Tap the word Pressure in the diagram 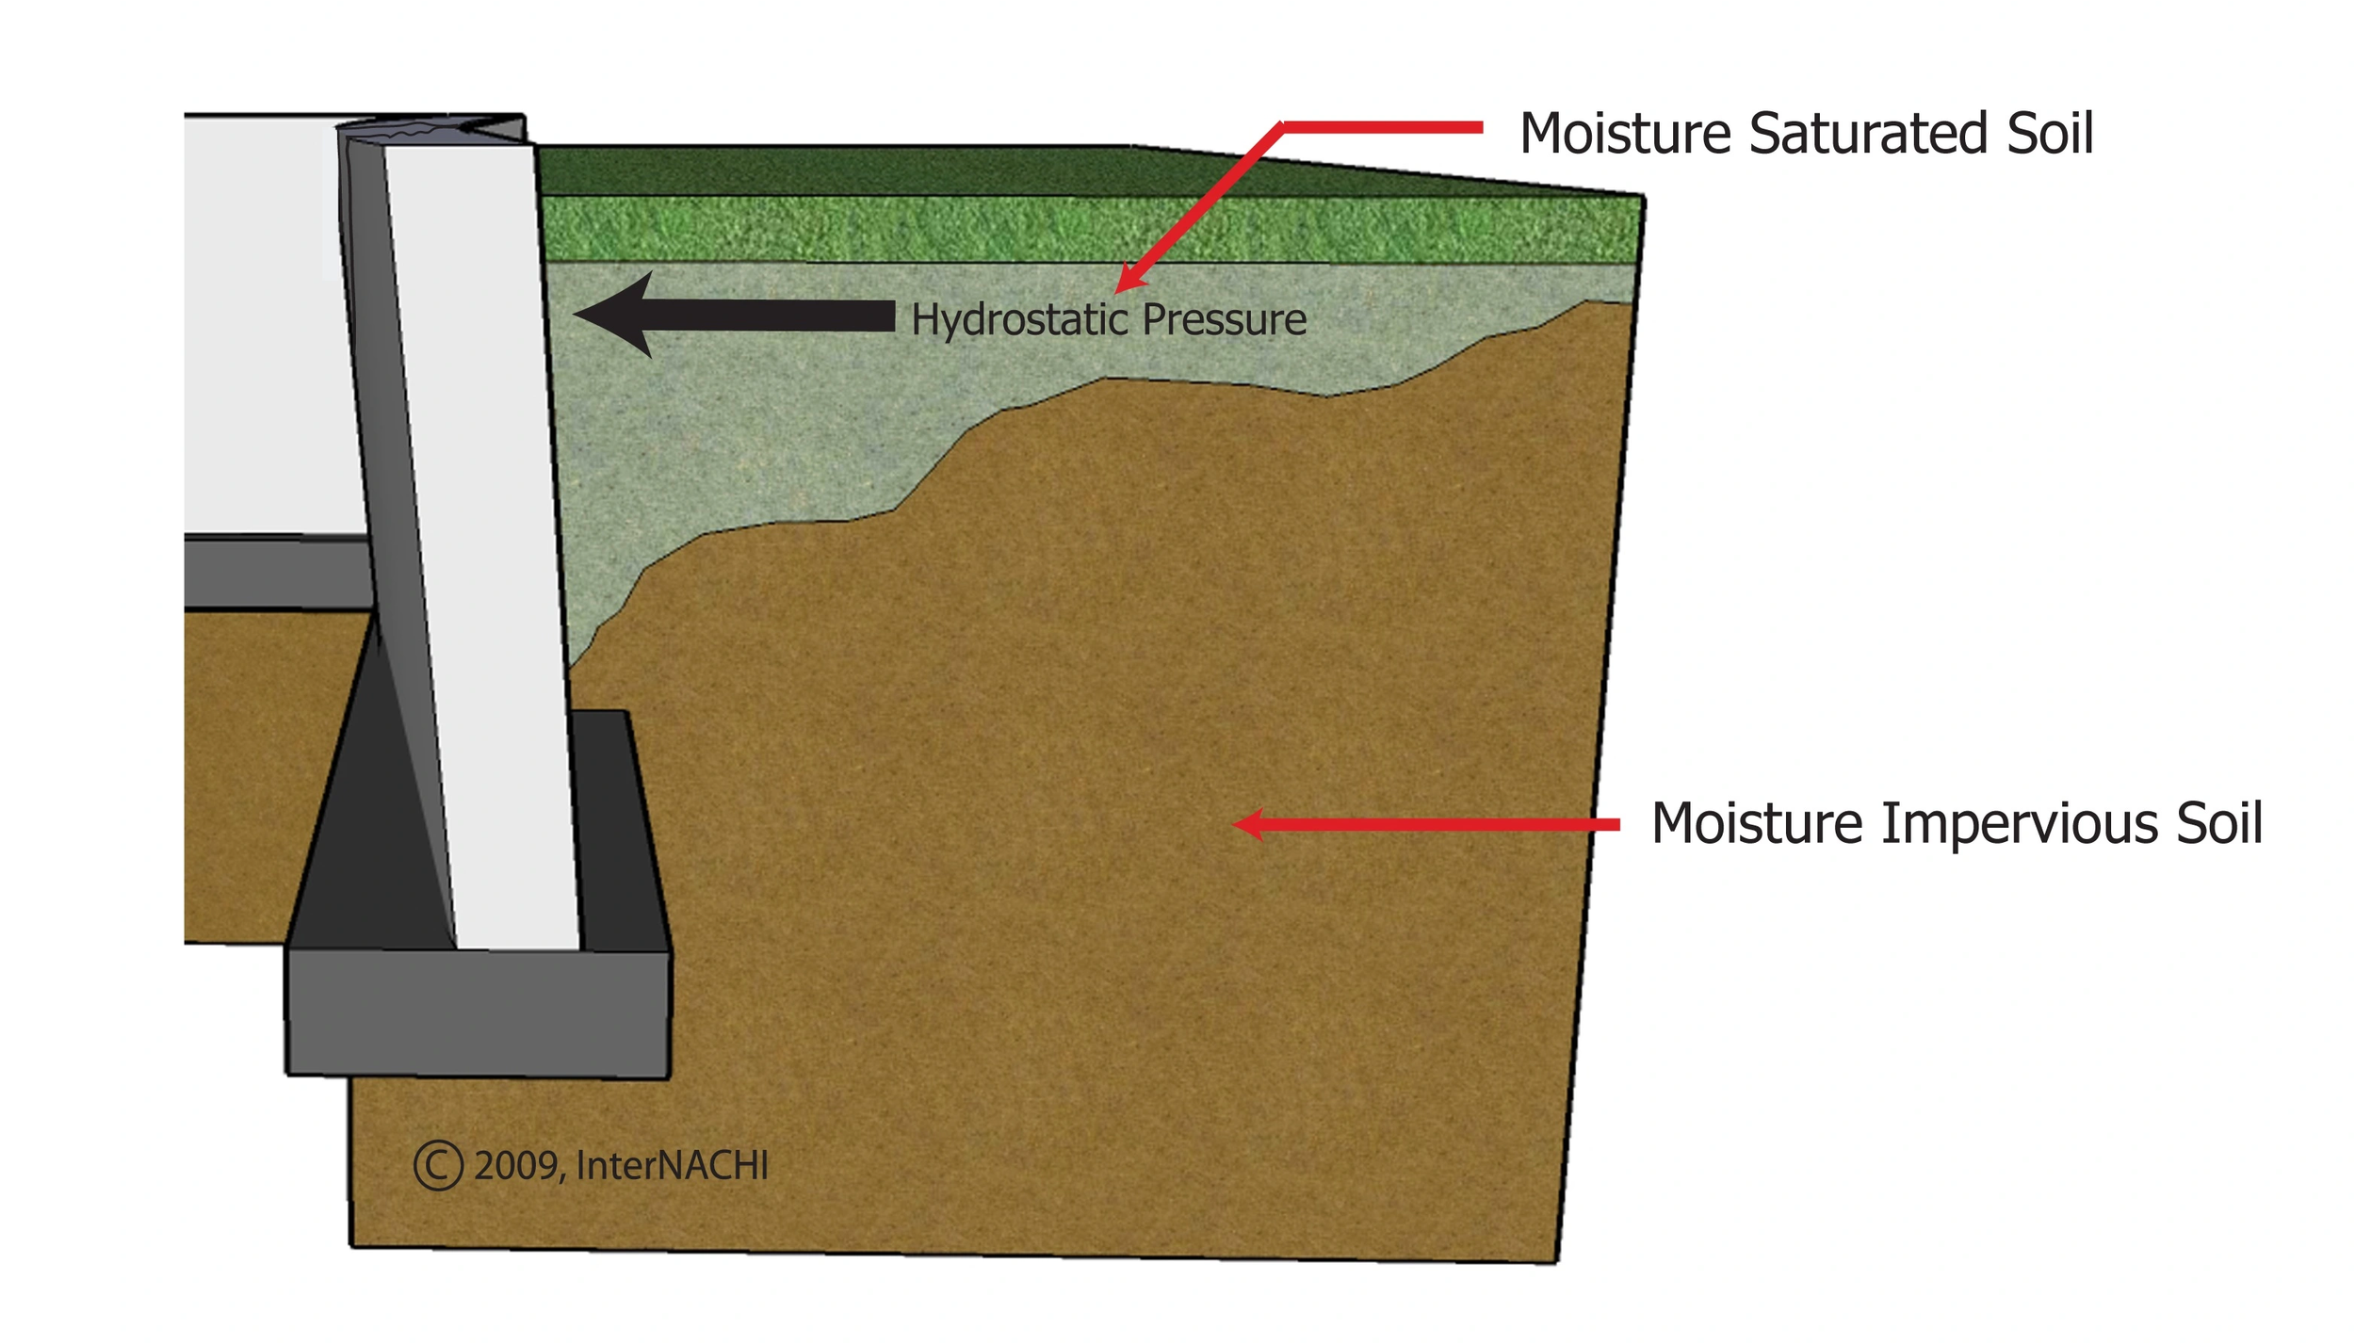pos(1224,320)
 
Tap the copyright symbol pos(438,1166)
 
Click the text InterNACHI pos(672,1166)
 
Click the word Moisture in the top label pos(1625,134)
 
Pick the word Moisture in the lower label pos(1757,824)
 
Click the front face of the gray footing pos(478,1012)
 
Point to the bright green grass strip pos(1083,229)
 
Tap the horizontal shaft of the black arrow pos(772,316)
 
